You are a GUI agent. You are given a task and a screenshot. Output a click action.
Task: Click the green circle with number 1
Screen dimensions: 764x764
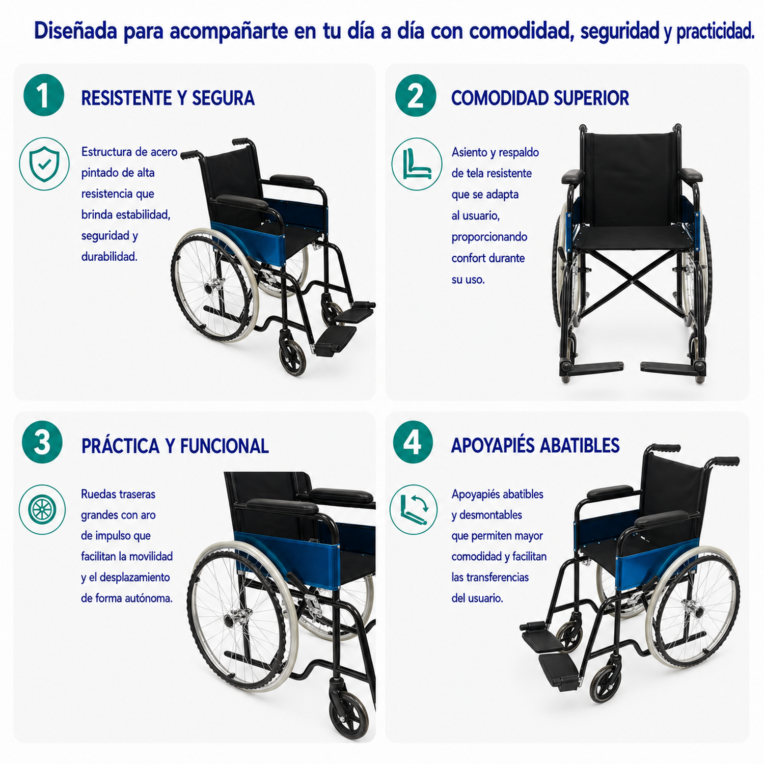(x=44, y=95)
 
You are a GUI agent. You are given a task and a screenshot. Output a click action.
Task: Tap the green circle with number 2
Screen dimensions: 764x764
(x=416, y=95)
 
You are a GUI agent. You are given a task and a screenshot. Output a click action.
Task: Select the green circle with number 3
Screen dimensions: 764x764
(x=42, y=442)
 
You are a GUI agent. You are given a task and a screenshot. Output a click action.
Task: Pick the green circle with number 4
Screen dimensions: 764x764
(x=413, y=442)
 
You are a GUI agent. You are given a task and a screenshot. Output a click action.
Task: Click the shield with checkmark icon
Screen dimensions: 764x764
(x=44, y=164)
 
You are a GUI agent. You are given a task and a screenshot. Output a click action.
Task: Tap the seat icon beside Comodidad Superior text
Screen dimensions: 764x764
(x=417, y=164)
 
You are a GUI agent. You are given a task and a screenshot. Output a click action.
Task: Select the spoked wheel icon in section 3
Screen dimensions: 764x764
(x=42, y=509)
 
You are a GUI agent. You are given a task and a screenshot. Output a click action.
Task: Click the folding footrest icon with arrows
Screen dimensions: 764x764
(x=414, y=509)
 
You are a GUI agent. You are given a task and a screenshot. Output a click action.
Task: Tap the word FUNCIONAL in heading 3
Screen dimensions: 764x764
(x=224, y=446)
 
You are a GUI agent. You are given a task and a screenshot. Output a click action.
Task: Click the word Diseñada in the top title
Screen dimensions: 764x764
(x=75, y=31)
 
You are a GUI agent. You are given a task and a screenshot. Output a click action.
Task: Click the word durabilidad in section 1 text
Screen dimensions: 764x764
(x=110, y=257)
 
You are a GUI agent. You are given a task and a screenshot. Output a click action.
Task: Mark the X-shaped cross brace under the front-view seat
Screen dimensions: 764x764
(x=632, y=281)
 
